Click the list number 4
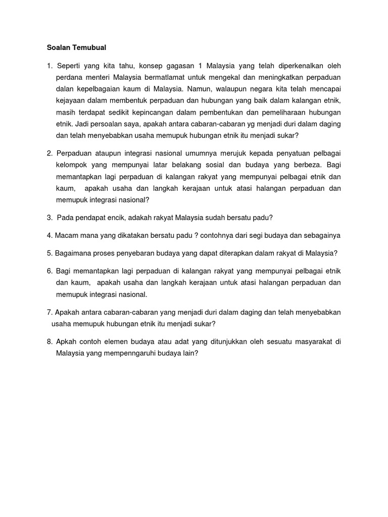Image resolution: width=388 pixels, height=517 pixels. [49, 235]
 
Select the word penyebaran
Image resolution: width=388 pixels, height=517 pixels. [144, 253]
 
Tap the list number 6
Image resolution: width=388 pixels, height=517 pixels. [49, 271]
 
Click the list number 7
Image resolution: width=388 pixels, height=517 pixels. [49, 312]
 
